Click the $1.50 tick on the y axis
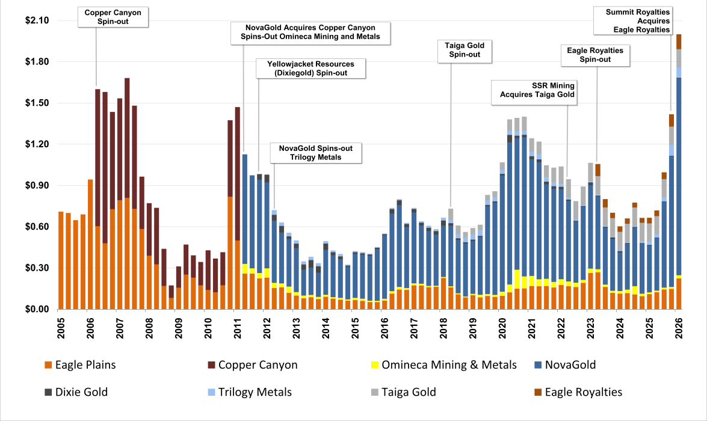[x=37, y=103]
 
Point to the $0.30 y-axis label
[x=37, y=268]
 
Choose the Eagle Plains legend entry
[x=80, y=364]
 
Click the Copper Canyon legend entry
[x=253, y=364]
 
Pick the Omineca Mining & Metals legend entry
[x=443, y=364]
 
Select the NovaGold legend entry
[x=565, y=364]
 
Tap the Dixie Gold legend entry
[x=76, y=392]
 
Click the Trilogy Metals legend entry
[x=250, y=392]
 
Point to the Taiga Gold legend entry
[x=404, y=392]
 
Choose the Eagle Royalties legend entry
[x=578, y=392]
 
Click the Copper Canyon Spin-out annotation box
[x=113, y=17]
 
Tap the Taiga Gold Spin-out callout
[x=465, y=50]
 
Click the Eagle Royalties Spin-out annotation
[x=595, y=55]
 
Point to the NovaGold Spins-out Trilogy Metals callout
[x=316, y=153]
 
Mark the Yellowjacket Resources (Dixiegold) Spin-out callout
[x=310, y=69]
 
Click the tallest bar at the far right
[x=679, y=172]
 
